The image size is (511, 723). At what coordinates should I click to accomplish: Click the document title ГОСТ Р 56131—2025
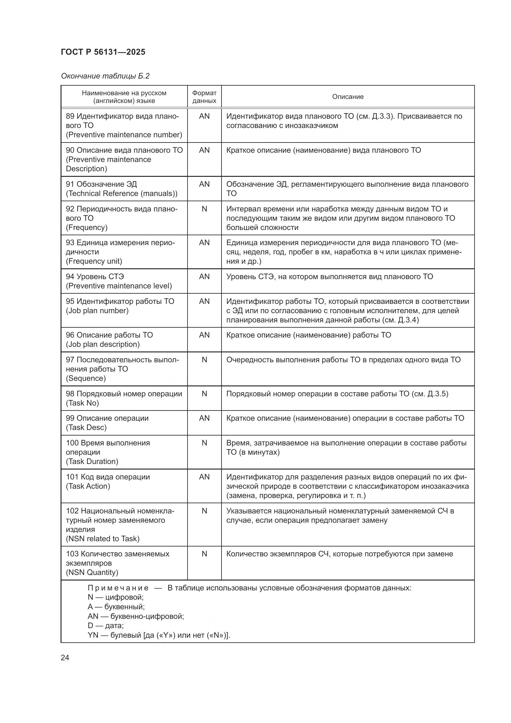click(x=103, y=52)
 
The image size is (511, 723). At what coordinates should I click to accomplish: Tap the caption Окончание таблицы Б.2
click(x=105, y=76)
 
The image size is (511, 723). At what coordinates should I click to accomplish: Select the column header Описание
click(x=348, y=97)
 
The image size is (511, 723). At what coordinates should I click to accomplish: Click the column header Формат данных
click(x=204, y=97)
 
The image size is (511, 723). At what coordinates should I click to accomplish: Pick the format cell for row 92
click(x=204, y=209)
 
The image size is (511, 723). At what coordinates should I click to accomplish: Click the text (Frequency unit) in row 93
click(x=94, y=261)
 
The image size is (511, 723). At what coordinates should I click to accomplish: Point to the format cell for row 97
click(x=204, y=359)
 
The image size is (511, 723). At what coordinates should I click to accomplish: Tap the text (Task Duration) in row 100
click(x=92, y=461)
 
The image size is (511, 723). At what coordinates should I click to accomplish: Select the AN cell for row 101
click(x=204, y=477)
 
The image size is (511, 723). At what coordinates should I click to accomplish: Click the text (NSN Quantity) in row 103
click(x=92, y=572)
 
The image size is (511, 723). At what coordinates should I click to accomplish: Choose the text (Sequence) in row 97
click(x=86, y=378)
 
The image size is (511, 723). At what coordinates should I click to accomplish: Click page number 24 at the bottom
click(x=65, y=657)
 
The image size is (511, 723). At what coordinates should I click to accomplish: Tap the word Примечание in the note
click(x=118, y=588)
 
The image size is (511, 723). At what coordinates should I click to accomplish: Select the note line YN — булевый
click(x=158, y=635)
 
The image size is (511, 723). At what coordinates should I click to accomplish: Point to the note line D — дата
click(x=105, y=625)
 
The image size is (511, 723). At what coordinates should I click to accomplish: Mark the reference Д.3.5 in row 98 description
click(x=437, y=393)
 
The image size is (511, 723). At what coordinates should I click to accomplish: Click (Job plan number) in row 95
click(x=97, y=310)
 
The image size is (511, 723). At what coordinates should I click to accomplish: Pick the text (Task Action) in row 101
click(x=88, y=486)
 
